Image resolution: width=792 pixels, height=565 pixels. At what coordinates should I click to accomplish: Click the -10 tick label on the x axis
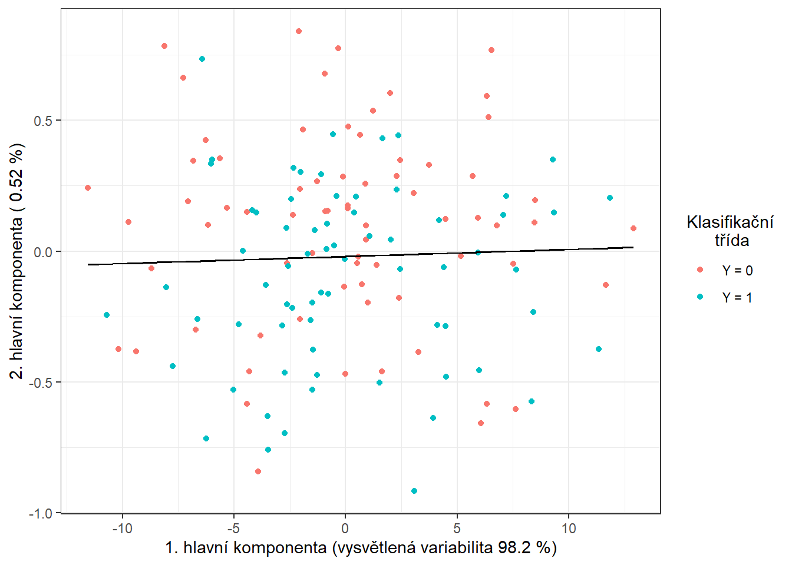coord(122,528)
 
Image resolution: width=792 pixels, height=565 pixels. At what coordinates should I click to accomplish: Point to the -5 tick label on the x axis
coord(233,528)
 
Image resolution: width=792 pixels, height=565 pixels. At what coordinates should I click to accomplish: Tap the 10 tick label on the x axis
coord(569,528)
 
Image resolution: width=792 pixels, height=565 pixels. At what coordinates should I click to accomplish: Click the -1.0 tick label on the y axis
coord(40,513)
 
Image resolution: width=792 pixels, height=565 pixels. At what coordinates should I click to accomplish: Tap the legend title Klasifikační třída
coord(730,231)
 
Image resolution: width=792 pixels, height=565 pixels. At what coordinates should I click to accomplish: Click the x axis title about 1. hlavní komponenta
coord(361,548)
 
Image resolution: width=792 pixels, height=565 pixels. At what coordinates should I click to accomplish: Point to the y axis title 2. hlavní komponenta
coord(18,261)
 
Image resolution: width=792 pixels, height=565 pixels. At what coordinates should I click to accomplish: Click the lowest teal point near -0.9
coord(414,491)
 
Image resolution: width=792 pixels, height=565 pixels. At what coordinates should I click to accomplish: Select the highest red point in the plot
coord(299,31)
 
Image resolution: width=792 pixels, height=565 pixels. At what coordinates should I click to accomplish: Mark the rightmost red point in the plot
coord(633,228)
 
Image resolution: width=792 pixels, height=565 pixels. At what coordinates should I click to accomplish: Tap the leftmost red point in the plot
coord(88,188)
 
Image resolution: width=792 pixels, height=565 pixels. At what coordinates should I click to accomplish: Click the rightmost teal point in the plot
coord(610,198)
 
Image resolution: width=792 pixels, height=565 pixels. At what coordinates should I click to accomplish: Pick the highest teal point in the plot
coord(202,59)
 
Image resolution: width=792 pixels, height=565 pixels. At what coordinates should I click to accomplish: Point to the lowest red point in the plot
coord(258,471)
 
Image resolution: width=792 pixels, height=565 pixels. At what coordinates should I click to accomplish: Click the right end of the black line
coord(633,247)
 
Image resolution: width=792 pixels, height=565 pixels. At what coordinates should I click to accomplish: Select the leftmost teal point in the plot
coord(107,315)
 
